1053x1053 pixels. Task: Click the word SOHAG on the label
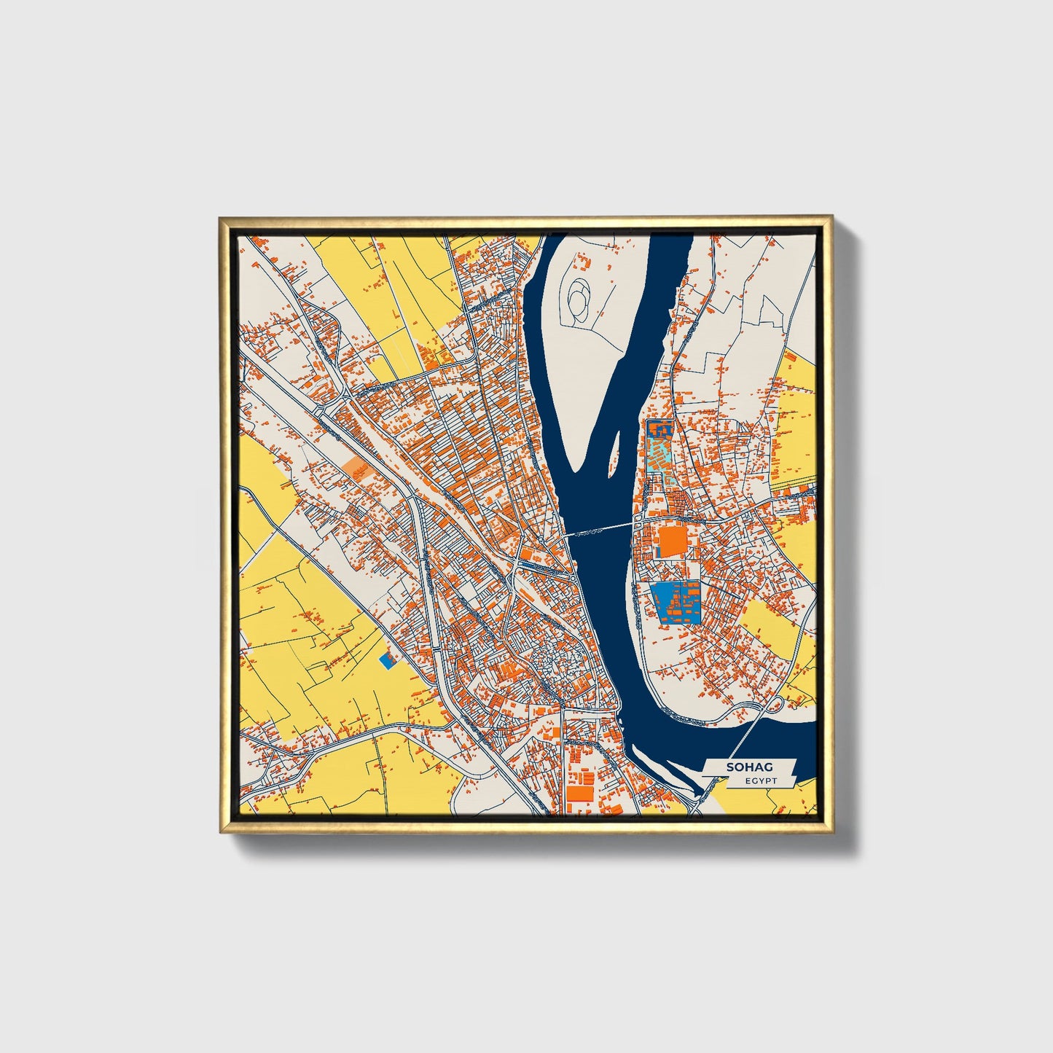point(748,767)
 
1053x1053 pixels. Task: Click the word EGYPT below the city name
point(761,781)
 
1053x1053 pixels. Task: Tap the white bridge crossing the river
point(598,529)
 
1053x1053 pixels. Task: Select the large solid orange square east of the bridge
point(673,542)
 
